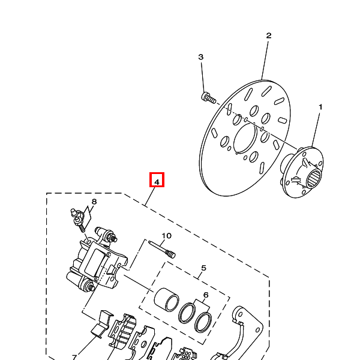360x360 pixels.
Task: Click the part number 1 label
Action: (x=320, y=107)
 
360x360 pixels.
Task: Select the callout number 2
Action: (x=269, y=35)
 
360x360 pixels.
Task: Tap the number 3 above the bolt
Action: (x=200, y=57)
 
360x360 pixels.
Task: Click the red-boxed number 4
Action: (x=157, y=182)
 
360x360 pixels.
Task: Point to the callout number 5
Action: (x=203, y=268)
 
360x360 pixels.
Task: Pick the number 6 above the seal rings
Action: (x=206, y=295)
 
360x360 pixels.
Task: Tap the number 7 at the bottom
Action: (x=74, y=357)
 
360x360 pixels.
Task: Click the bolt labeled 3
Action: (x=209, y=98)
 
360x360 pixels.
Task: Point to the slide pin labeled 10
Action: (x=162, y=250)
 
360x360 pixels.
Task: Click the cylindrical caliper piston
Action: (x=166, y=299)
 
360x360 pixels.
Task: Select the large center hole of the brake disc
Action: (x=245, y=139)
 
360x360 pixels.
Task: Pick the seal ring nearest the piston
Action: (x=187, y=313)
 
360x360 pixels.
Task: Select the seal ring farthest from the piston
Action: (x=203, y=322)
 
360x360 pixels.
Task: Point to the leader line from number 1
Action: (x=316, y=130)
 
